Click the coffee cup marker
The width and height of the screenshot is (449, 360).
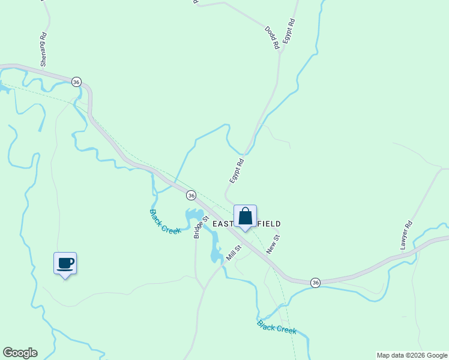tap(65, 263)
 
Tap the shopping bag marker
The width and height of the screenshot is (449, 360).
tap(245, 216)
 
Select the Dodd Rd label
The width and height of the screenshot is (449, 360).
tap(273, 37)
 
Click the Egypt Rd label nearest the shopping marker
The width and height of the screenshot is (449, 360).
tap(237, 170)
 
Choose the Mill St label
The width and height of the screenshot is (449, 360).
tap(234, 253)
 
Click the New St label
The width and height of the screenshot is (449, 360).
tap(273, 244)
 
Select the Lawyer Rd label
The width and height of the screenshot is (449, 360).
tap(407, 236)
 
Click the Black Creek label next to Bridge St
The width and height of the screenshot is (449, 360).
tap(165, 221)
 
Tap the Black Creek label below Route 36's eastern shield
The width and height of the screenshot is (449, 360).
tap(277, 328)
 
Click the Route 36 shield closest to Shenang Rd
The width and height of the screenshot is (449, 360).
tap(76, 82)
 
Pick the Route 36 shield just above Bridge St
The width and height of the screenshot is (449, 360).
tap(191, 195)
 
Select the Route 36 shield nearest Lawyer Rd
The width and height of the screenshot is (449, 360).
tap(315, 282)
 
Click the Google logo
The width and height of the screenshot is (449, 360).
tap(20, 353)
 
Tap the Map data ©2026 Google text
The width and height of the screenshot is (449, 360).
tap(412, 355)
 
